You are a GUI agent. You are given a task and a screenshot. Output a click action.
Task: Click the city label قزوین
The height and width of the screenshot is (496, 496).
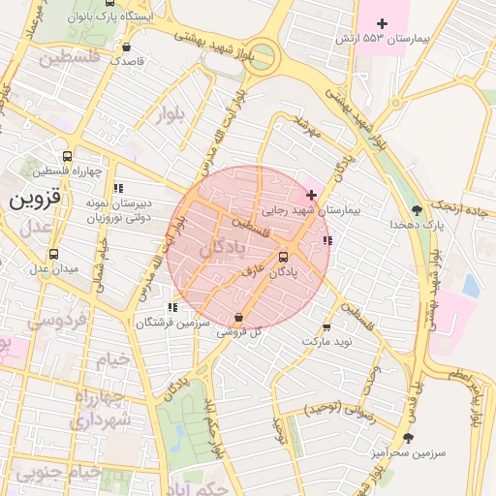(x=35, y=199)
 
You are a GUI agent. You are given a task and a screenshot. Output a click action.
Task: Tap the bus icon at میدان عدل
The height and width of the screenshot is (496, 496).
(x=53, y=254)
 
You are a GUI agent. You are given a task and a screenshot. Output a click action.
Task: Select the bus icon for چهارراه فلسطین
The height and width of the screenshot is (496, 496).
(x=67, y=156)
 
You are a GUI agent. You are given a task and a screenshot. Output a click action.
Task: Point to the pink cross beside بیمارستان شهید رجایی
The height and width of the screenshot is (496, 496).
(x=310, y=195)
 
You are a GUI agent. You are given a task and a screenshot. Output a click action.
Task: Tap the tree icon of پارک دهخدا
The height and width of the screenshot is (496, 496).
(x=417, y=209)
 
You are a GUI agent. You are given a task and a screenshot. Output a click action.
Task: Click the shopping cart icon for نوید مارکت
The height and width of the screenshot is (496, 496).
(x=325, y=327)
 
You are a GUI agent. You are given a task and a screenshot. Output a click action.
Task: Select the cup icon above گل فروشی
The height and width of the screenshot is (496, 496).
(x=238, y=317)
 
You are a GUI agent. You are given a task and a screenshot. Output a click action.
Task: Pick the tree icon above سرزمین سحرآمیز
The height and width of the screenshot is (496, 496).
(x=408, y=438)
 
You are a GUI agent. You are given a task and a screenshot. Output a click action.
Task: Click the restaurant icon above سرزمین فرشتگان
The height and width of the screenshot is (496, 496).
(x=172, y=307)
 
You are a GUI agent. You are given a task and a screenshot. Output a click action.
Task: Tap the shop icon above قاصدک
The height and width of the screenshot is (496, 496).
(x=127, y=46)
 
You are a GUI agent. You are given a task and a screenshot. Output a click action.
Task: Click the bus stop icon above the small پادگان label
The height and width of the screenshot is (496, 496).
(x=283, y=257)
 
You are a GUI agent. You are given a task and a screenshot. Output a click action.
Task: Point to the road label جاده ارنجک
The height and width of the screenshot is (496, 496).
(x=468, y=207)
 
